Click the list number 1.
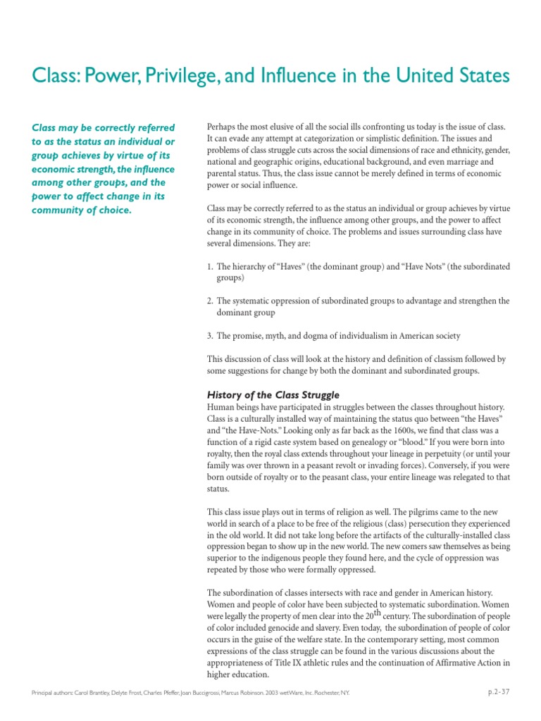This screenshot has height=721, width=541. [210, 267]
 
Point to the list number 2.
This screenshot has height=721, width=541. [210, 301]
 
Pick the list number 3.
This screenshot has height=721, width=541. [210, 335]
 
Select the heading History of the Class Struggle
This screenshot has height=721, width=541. [273, 395]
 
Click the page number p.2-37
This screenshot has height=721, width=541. [499, 692]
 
